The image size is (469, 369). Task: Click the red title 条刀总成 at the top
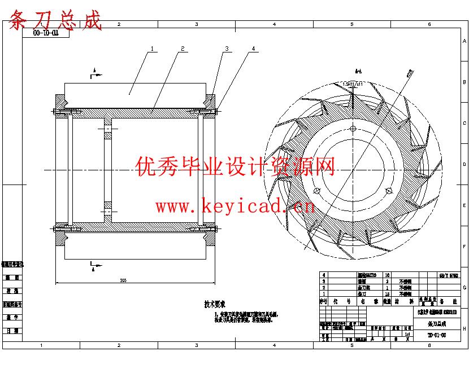pyautogui.click(x=57, y=20)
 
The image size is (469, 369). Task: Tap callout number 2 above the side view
pyautogui.click(x=183, y=49)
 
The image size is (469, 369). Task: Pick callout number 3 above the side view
pyautogui.click(x=227, y=49)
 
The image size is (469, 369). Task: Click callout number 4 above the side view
pyautogui.click(x=253, y=49)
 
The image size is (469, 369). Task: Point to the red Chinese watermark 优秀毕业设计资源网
pyautogui.click(x=236, y=167)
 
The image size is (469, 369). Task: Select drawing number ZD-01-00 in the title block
pyautogui.click(x=437, y=335)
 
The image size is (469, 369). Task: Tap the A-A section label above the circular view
pyautogui.click(x=358, y=72)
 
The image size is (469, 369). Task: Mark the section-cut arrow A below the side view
pyautogui.click(x=94, y=263)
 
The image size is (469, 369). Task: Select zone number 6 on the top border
pyautogui.click(x=429, y=24)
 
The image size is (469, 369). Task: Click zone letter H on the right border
pyautogui.click(x=464, y=328)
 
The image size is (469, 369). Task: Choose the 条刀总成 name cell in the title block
pyautogui.click(x=437, y=324)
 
